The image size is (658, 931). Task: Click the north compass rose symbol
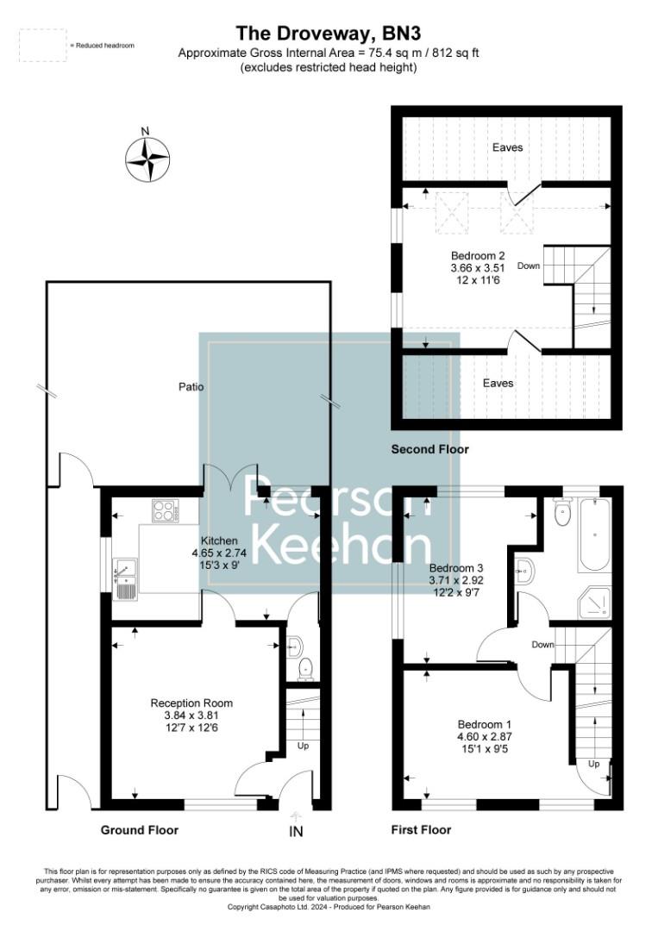(147, 159)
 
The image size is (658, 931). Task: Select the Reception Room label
(191, 703)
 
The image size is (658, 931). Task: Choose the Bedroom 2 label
(478, 255)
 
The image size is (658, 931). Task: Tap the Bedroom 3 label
(456, 568)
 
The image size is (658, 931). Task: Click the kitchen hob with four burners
(164, 510)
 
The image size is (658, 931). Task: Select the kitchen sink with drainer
(125, 578)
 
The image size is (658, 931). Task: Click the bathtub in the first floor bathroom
(594, 534)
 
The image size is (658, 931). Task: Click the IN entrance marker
(297, 833)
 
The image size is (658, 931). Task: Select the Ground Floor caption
(140, 830)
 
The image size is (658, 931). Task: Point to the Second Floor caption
(429, 449)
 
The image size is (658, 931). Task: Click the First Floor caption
(421, 830)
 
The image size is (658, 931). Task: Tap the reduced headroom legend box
(41, 44)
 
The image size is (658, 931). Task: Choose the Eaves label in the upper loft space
(507, 147)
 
